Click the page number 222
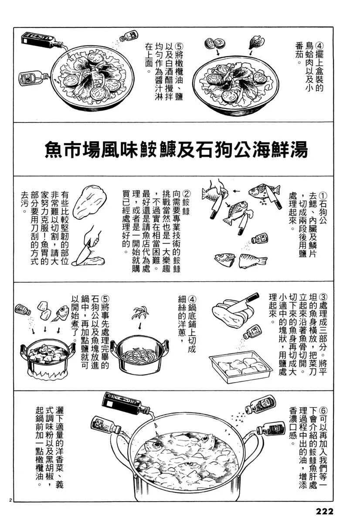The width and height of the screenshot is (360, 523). pyautogui.click(x=325, y=511)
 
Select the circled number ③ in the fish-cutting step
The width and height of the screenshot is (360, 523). pyautogui.click(x=322, y=297)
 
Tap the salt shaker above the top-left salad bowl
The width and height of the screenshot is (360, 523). pyautogui.click(x=129, y=37)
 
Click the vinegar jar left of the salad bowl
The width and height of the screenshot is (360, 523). pyautogui.click(x=33, y=78)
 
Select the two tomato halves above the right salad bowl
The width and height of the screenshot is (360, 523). pyautogui.click(x=214, y=44)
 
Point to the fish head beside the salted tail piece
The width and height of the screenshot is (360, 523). pyautogui.click(x=224, y=258)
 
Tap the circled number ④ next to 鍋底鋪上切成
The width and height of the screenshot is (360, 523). pyautogui.click(x=192, y=299)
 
